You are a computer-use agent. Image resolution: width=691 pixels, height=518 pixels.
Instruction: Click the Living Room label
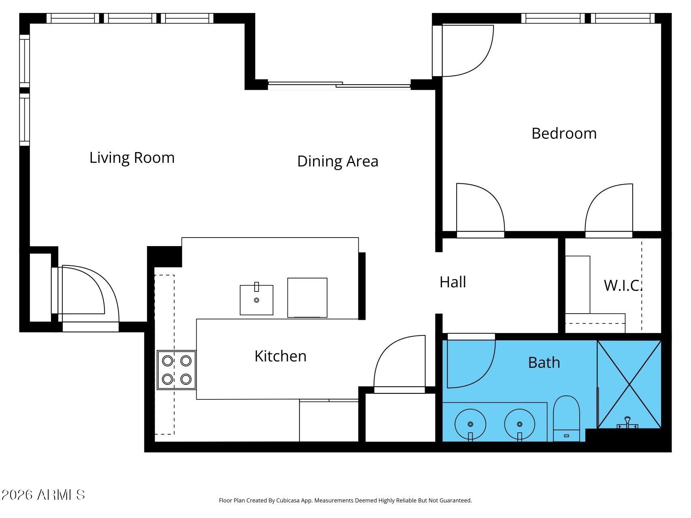(x=132, y=157)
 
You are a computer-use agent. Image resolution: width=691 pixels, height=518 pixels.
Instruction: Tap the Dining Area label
(x=338, y=161)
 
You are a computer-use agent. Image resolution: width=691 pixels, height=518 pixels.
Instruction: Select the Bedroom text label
(x=564, y=134)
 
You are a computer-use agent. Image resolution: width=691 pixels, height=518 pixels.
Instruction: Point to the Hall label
(x=453, y=282)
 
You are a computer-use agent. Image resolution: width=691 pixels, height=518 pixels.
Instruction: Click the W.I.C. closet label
(x=623, y=285)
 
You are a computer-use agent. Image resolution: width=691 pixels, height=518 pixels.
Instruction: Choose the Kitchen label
(x=281, y=356)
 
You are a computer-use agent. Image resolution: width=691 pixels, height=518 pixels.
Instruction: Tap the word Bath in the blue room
(x=544, y=363)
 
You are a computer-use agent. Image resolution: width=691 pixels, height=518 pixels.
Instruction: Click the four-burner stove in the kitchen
(x=176, y=370)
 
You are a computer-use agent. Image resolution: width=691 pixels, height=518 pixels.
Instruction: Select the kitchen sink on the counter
(x=256, y=300)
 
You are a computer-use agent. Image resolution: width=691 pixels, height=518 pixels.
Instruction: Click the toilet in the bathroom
(x=566, y=419)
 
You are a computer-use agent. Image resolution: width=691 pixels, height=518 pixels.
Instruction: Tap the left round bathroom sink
(x=470, y=425)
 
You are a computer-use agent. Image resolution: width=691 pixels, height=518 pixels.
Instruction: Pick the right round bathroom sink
(x=519, y=425)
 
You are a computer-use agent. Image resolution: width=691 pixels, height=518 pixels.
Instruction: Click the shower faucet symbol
(x=627, y=423)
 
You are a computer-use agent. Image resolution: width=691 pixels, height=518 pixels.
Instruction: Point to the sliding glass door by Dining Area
(x=339, y=85)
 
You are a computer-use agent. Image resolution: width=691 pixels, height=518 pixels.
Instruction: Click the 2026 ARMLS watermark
(x=43, y=495)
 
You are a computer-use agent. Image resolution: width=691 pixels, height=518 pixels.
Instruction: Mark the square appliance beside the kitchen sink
(x=307, y=297)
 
